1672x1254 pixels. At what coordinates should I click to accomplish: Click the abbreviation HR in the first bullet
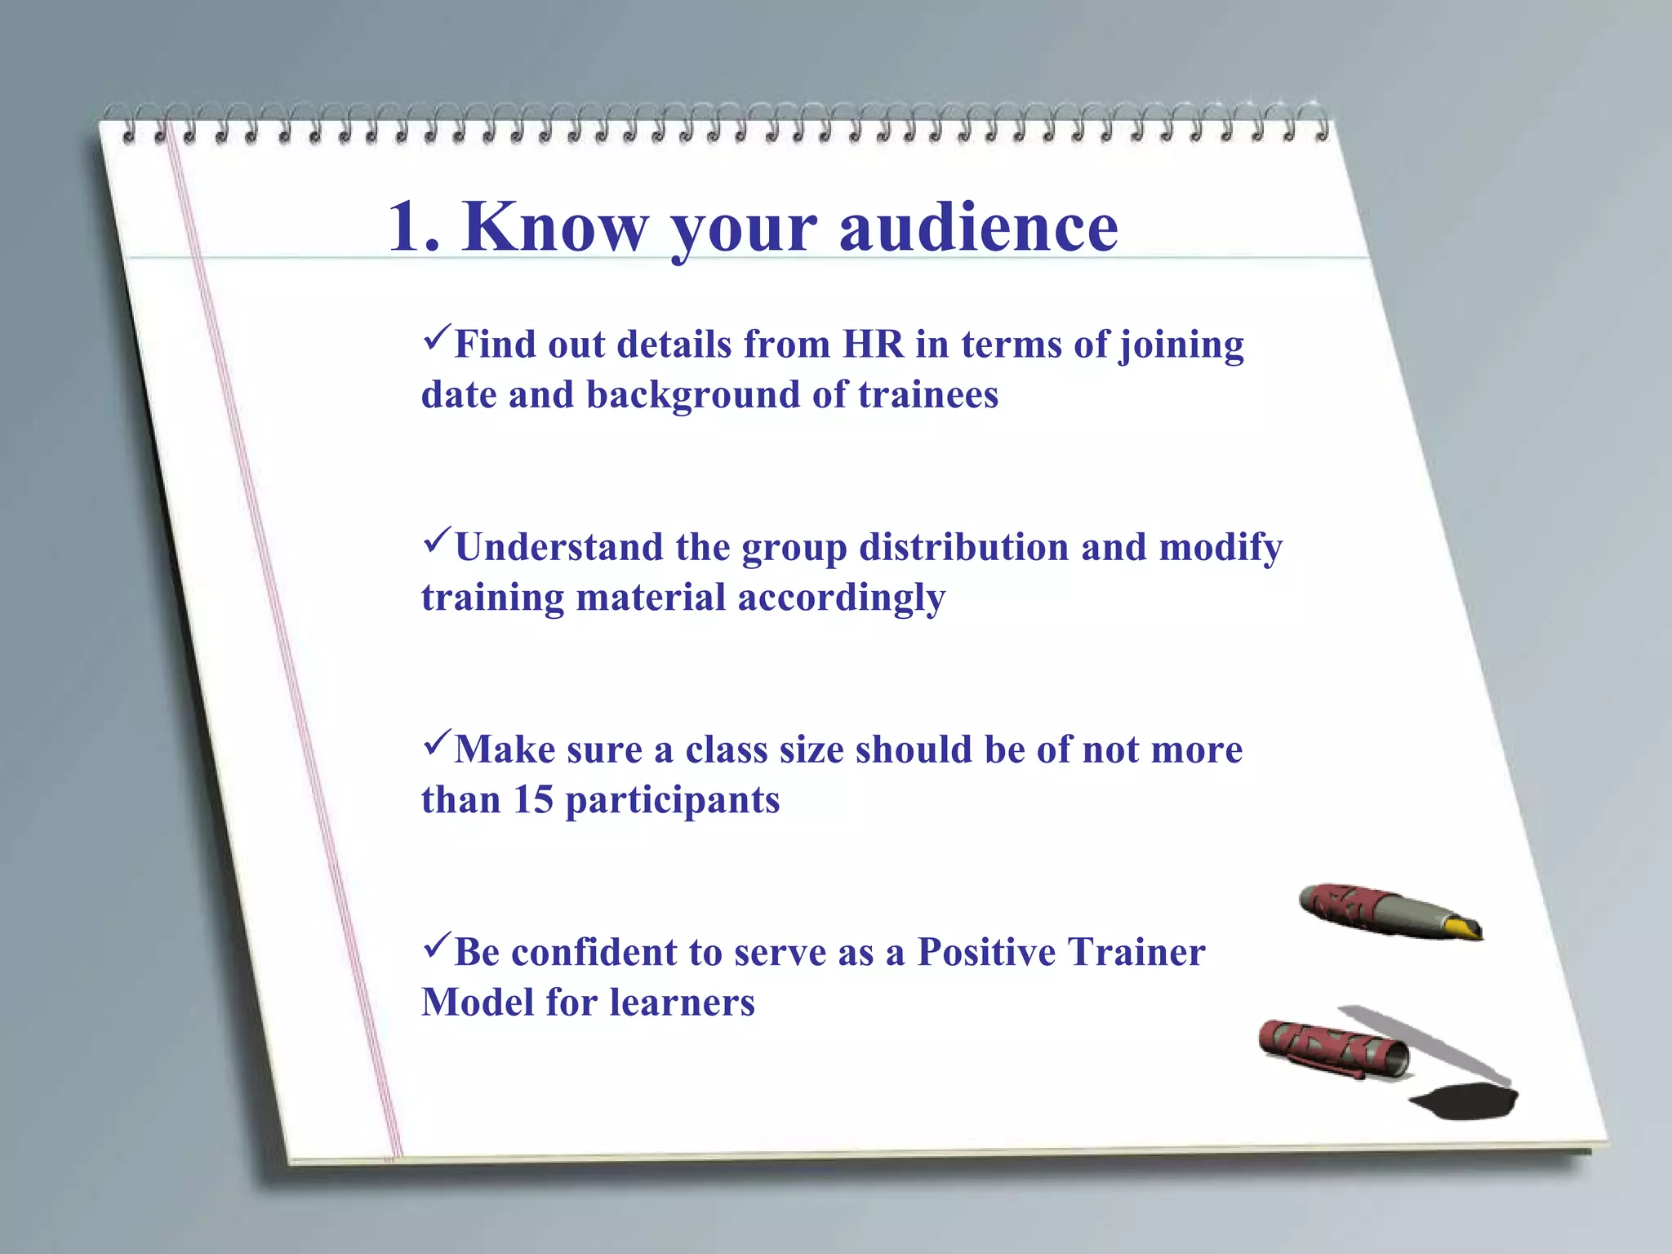[873, 344]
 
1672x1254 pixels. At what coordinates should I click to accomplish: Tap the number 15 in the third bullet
[532, 799]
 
